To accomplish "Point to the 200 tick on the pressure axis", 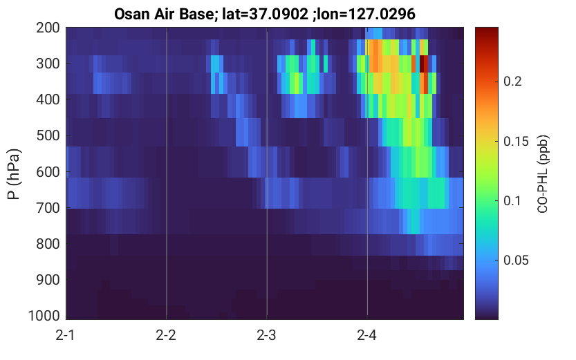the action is pyautogui.click(x=48, y=28).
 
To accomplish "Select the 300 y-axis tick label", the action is pyautogui.click(x=48, y=64).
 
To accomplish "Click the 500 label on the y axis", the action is pyautogui.click(x=48, y=135).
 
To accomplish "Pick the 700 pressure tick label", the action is pyautogui.click(x=48, y=208).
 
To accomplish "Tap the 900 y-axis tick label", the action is pyautogui.click(x=48, y=280).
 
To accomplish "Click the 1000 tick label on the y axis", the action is pyautogui.click(x=44, y=316).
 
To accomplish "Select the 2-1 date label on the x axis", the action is pyautogui.click(x=66, y=335).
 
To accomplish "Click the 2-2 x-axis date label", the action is pyautogui.click(x=166, y=335).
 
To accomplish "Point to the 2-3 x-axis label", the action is pyautogui.click(x=266, y=335).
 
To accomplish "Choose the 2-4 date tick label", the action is pyautogui.click(x=366, y=335).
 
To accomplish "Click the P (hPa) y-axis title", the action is pyautogui.click(x=14, y=174).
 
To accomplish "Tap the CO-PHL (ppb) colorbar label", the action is pyautogui.click(x=543, y=174).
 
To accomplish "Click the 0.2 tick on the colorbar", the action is pyautogui.click(x=512, y=82).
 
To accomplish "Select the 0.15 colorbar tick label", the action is pyautogui.click(x=516, y=141).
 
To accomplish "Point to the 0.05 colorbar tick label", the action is pyautogui.click(x=516, y=260).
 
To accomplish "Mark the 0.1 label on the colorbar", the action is pyautogui.click(x=512, y=201).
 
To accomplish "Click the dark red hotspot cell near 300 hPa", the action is pyautogui.click(x=424, y=64).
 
